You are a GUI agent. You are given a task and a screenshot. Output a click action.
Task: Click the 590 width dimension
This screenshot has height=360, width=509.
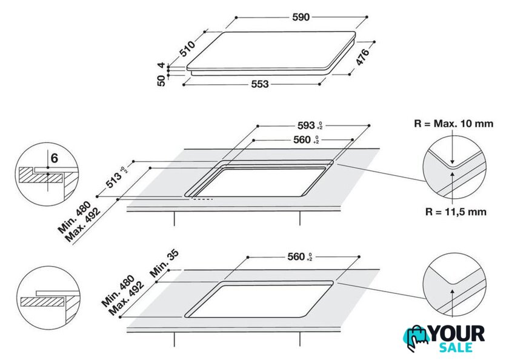[301, 17]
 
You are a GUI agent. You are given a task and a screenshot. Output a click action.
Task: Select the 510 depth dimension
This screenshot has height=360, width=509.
[188, 48]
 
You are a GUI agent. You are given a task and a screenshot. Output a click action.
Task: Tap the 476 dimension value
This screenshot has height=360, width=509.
[362, 57]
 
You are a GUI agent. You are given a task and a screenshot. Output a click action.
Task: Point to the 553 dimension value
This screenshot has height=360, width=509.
[260, 84]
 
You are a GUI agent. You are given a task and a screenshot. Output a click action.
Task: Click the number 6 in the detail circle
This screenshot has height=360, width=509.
[54, 158]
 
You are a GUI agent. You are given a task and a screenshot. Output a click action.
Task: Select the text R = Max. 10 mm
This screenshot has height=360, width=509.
[453, 124]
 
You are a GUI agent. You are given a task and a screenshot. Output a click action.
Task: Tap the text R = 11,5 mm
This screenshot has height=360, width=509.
[456, 212]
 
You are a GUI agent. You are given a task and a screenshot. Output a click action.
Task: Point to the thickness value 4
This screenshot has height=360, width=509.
[161, 65]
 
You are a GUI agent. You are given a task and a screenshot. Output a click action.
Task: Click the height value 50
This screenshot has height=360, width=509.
[161, 81]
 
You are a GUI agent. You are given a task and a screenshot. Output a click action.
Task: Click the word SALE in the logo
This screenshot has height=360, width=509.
[456, 347]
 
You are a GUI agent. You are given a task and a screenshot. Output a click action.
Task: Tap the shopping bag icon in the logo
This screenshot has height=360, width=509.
[416, 338]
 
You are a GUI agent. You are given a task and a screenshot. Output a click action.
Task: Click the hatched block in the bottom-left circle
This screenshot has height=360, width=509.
[42, 302]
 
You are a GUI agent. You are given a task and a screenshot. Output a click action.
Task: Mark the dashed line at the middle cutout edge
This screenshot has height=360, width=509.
[202, 199]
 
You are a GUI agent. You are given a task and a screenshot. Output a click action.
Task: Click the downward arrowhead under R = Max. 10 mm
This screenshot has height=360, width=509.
[452, 162]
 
